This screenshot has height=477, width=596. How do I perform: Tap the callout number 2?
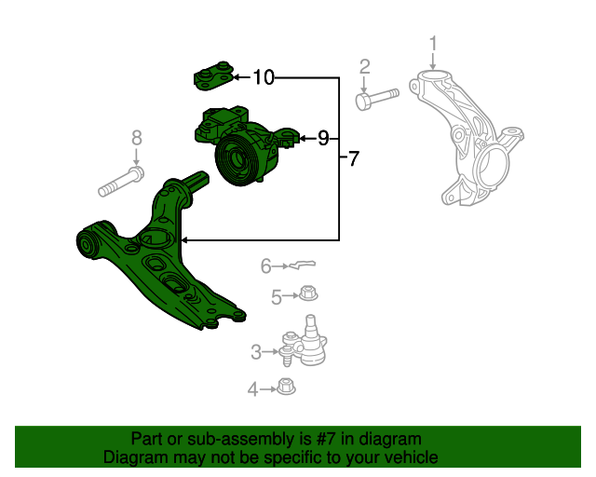tap(364, 67)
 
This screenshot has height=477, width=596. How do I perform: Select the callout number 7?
tap(354, 158)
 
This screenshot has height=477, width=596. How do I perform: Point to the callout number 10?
tap(264, 77)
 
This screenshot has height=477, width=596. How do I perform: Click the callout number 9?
tap(323, 138)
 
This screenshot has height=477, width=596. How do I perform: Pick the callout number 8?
tap(137, 138)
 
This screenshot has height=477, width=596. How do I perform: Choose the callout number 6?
tap(265, 266)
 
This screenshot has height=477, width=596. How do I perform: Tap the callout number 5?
tap(277, 297)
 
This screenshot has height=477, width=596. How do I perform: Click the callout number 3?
tap(256, 352)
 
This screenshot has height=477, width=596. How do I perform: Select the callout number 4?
tap(252, 389)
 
